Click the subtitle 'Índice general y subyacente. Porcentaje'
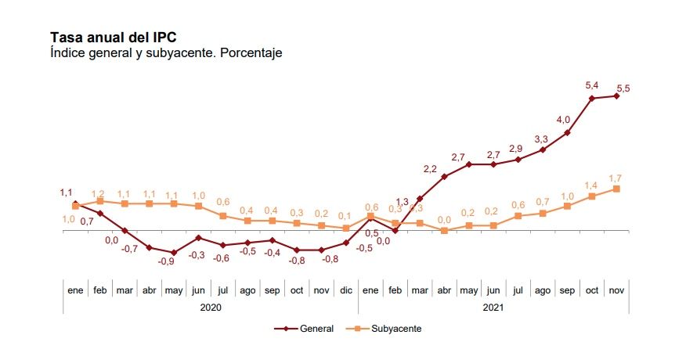coord(165,53)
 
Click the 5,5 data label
coord(623,88)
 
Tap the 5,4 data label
coord(592,85)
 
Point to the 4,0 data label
coord(563,120)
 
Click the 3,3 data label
coord(541,139)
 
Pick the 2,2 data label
coord(430,168)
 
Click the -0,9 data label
coord(166,261)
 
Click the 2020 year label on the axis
coord(211,308)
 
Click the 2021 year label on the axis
coord(493,308)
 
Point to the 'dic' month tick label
coord(345,290)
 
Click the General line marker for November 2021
coord(617,96)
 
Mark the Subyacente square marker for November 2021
coord(617,189)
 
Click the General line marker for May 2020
coord(174,253)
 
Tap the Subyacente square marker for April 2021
coord(444,231)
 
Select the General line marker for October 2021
coord(592,98)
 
